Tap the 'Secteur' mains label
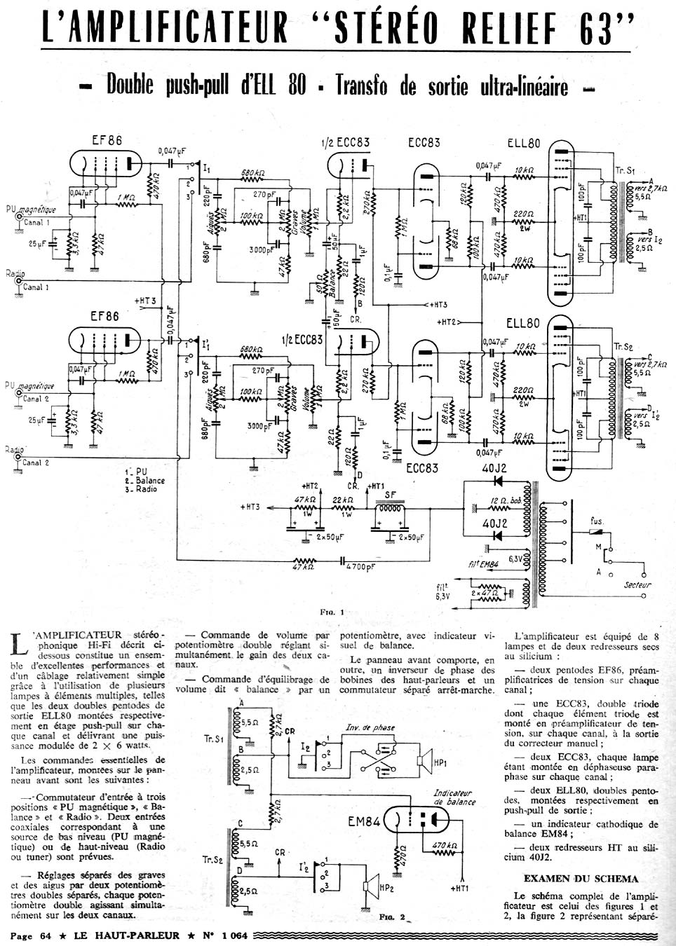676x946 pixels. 637,585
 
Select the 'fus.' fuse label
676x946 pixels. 597,521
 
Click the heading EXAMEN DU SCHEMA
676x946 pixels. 581,879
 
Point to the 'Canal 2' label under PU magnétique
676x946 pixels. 36,399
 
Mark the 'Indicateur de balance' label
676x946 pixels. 454,797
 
